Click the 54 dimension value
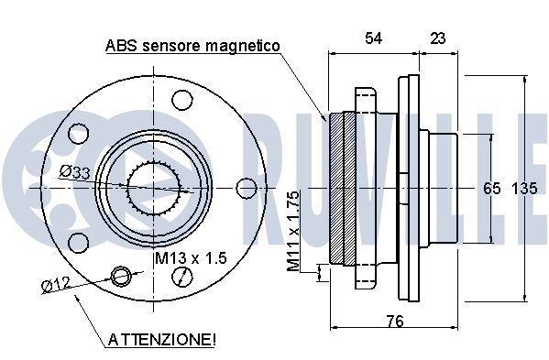(x=373, y=38)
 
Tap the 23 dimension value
(x=438, y=38)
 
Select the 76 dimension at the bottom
(x=395, y=321)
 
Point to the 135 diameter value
(x=524, y=189)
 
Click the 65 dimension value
(x=491, y=189)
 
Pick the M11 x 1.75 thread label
(x=293, y=231)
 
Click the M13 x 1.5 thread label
(x=191, y=258)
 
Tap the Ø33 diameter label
(x=74, y=172)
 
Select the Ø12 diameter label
(x=56, y=284)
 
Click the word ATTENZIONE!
(x=162, y=339)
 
